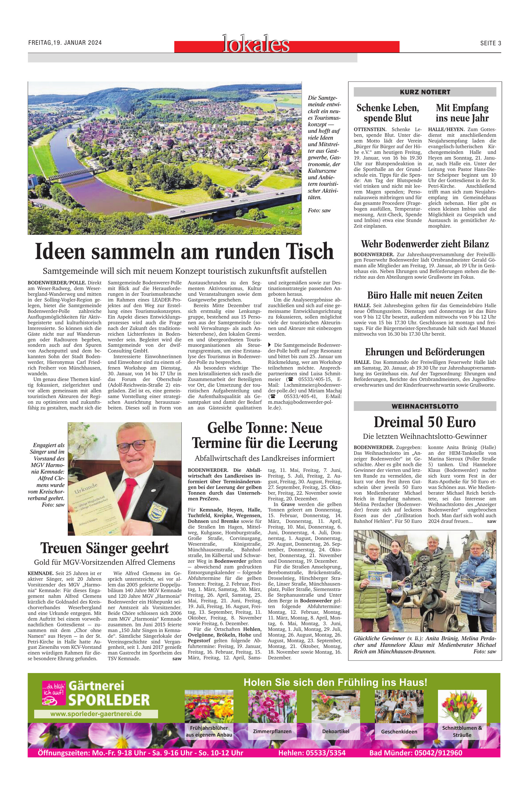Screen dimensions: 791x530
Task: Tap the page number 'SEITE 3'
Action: click(x=490, y=43)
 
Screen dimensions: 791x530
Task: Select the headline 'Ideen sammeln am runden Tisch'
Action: click(x=184, y=251)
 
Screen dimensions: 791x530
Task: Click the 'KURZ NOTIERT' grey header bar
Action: click(x=425, y=92)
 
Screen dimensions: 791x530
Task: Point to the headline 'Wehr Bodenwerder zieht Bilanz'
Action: click(x=425, y=244)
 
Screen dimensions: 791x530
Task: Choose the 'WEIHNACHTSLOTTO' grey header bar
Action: click(x=425, y=406)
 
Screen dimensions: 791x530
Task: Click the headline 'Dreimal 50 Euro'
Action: click(x=425, y=422)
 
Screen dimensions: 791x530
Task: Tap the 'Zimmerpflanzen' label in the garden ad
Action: click(x=272, y=731)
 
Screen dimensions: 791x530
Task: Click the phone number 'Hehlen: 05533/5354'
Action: click(x=312, y=753)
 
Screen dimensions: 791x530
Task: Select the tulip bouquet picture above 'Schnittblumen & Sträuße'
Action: click(x=462, y=706)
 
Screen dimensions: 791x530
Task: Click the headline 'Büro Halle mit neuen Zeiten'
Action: click(x=425, y=295)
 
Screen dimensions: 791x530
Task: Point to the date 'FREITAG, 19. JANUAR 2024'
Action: click(x=65, y=43)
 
